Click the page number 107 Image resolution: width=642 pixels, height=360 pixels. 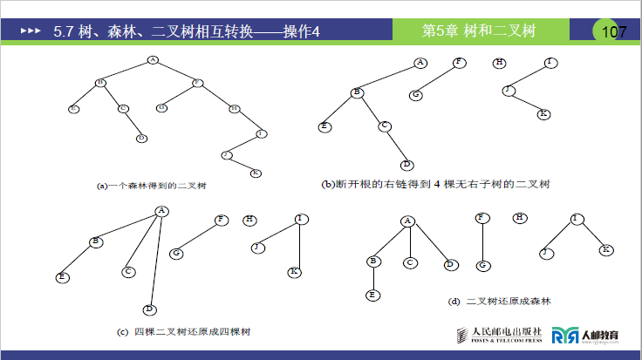(x=614, y=32)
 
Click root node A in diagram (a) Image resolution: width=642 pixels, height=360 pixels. (x=153, y=60)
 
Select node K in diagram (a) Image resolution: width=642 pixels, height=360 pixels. (x=255, y=173)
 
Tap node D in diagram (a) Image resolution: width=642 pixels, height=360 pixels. (x=141, y=138)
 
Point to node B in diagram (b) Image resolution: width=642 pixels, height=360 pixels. (x=356, y=92)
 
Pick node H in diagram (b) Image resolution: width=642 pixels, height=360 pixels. (x=499, y=62)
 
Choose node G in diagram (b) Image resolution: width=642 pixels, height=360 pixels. (x=417, y=94)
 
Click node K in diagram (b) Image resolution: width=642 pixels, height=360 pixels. (x=543, y=114)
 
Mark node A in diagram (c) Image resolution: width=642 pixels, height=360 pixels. (x=161, y=210)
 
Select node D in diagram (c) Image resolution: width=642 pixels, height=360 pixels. (x=149, y=309)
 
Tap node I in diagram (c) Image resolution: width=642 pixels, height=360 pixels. (x=299, y=218)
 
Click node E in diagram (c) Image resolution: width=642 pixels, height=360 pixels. (x=63, y=277)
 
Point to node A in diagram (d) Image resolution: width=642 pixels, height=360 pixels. (x=407, y=221)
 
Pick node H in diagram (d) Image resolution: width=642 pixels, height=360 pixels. (x=521, y=217)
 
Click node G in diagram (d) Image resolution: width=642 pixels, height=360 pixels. (x=481, y=265)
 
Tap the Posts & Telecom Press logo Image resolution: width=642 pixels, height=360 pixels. (x=496, y=335)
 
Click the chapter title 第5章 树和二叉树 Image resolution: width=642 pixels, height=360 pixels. (x=478, y=31)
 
